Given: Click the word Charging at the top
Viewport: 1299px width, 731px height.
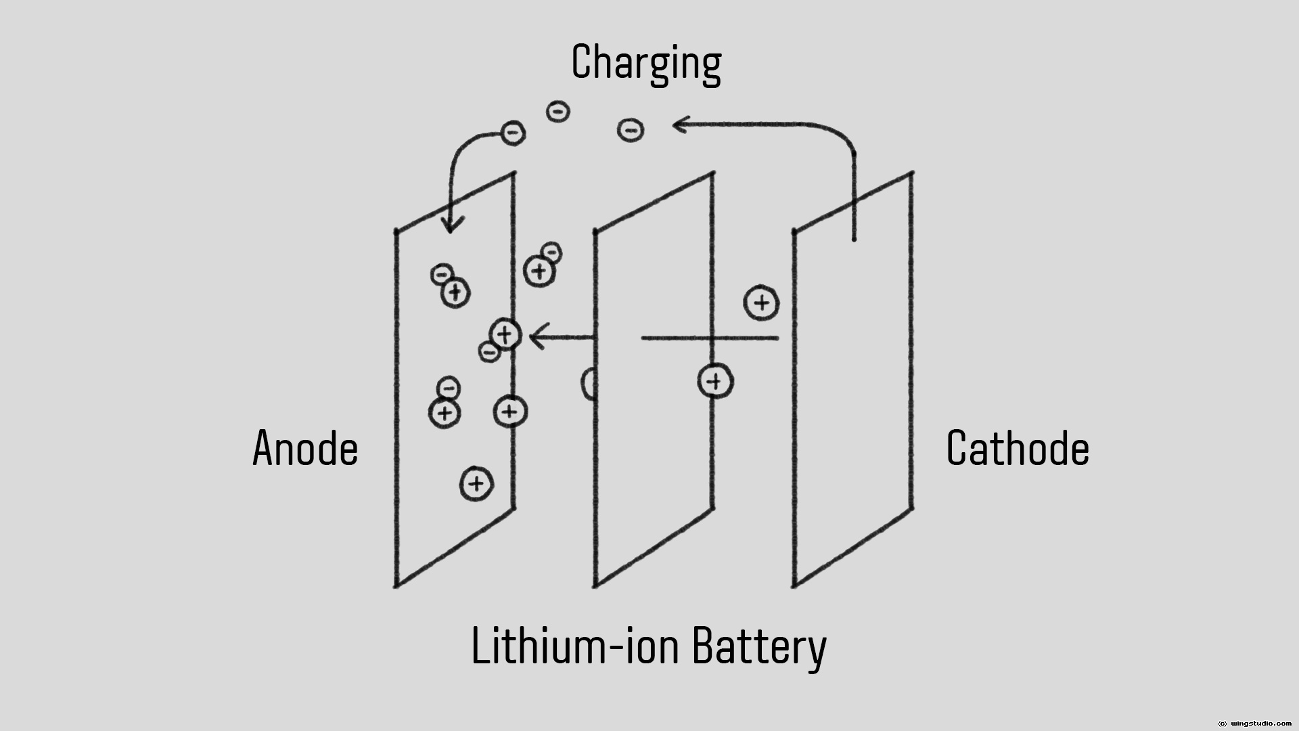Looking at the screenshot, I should [646, 62].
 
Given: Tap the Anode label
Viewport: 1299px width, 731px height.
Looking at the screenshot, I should [305, 448].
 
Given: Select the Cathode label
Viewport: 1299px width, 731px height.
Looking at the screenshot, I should [1018, 448].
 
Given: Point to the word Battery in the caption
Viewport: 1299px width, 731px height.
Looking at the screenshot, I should [759, 646].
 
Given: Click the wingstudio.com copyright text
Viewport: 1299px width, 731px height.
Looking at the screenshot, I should [1254, 724].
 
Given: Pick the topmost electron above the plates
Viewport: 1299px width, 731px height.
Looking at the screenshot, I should [558, 111].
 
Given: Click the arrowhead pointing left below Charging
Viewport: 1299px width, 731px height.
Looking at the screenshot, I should [679, 125].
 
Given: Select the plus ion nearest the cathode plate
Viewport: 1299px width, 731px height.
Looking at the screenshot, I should [761, 303].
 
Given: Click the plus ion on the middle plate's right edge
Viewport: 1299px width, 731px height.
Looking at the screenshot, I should [715, 381].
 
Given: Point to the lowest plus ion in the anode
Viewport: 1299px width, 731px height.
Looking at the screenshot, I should [476, 483].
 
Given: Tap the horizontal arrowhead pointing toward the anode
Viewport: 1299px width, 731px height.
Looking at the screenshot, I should [536, 336].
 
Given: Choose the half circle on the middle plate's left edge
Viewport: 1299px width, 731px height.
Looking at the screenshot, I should [589, 384].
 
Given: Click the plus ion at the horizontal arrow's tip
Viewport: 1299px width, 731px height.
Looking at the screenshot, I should [505, 334].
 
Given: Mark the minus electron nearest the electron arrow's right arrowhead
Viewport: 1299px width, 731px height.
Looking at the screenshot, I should [631, 129].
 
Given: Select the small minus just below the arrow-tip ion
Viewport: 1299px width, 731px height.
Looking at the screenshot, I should [489, 351].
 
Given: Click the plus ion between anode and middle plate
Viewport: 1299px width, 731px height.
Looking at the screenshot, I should [539, 271].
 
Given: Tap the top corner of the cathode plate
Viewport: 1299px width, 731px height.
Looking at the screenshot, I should [913, 173].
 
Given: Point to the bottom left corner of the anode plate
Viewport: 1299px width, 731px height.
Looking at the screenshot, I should [396, 586].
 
